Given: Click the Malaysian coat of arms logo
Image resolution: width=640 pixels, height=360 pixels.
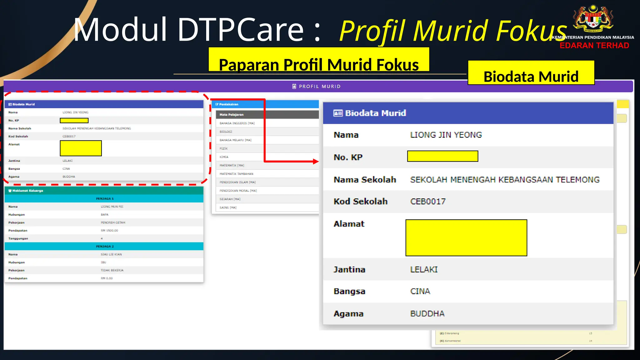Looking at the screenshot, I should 593,19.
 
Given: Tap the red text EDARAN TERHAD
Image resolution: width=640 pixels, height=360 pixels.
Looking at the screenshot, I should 594,46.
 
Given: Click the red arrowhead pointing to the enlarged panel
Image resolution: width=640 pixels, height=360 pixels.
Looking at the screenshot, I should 316,162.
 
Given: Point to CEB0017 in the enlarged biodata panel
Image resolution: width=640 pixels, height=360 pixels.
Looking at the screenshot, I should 428,202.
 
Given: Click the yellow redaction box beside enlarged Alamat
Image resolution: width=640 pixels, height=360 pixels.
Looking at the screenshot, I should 466,238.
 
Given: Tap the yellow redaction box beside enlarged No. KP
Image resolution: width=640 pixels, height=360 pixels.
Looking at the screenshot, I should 442,156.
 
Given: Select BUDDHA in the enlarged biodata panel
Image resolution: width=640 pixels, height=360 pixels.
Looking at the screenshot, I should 427,314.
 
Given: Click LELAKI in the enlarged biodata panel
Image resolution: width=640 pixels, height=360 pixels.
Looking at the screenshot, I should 424,270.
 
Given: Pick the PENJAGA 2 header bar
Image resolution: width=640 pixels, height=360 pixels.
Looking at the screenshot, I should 104,246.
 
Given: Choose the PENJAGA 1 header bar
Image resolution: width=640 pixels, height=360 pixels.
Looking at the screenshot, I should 104,198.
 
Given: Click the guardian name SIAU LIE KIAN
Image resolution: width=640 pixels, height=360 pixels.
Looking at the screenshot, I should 111,254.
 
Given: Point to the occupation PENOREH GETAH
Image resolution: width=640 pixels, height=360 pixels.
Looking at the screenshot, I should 113,222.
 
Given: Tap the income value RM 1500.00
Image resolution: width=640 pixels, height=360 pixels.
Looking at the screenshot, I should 109,231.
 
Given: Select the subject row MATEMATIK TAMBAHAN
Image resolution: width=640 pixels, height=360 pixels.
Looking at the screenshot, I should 236,174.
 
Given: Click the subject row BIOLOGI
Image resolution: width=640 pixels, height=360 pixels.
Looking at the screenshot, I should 226,132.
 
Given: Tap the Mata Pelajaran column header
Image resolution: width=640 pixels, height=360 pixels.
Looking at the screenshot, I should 232,115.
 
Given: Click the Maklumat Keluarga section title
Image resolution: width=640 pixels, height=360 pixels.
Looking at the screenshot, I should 27,191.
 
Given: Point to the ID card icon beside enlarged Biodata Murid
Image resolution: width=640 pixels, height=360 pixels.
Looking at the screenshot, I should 338,113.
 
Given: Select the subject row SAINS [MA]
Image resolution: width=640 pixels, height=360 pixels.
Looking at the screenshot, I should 228,207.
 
